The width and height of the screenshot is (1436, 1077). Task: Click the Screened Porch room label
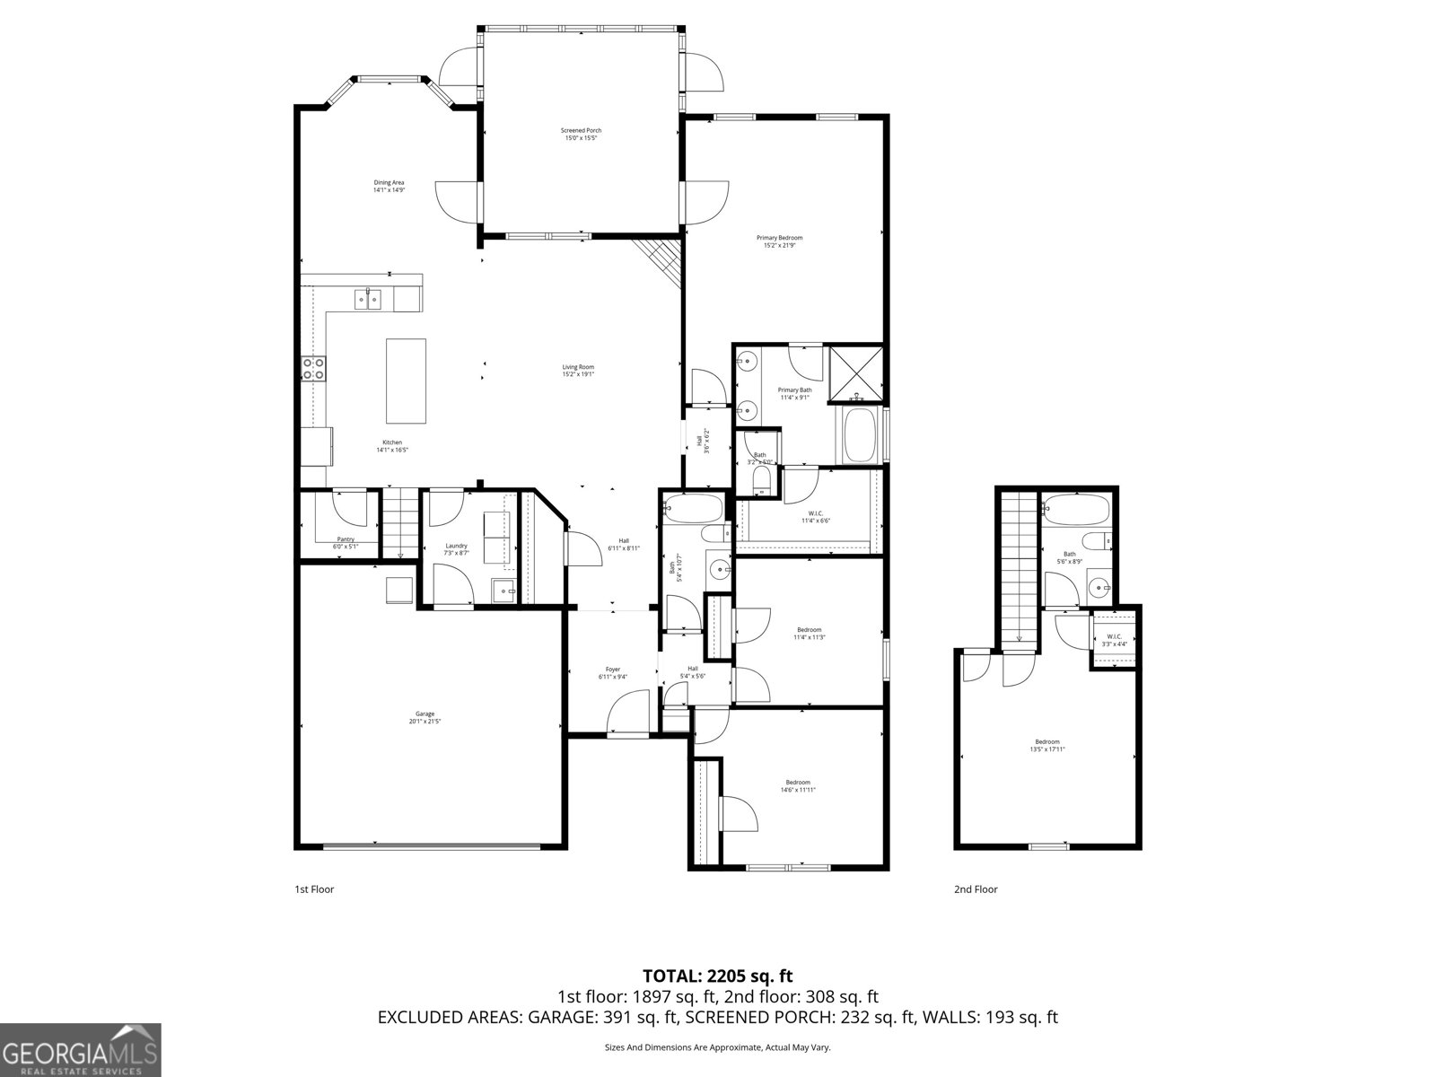pos(581,135)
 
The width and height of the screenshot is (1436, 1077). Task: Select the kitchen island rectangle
pos(406,381)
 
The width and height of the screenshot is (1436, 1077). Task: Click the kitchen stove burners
pos(313,368)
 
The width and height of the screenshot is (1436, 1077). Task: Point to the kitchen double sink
pos(367,299)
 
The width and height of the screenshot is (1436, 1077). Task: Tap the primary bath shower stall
pos(855,372)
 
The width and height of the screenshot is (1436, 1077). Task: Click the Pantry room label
pos(346,542)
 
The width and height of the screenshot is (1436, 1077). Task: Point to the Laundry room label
pos(456,549)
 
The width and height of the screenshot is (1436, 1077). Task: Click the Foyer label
pos(613,673)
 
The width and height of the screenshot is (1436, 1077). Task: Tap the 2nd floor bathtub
pos(1076,510)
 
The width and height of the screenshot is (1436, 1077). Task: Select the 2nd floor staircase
pos(1019,565)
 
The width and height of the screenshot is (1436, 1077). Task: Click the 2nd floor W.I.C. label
pos(1114,640)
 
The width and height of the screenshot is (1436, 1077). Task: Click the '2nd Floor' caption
pos(976,889)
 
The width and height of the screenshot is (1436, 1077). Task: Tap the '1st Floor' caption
pos(314,889)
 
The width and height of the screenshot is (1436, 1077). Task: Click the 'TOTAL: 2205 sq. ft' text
pos(717,976)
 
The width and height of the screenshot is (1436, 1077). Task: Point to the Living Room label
pos(578,371)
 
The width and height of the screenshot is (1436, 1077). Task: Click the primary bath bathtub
pos(860,436)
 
